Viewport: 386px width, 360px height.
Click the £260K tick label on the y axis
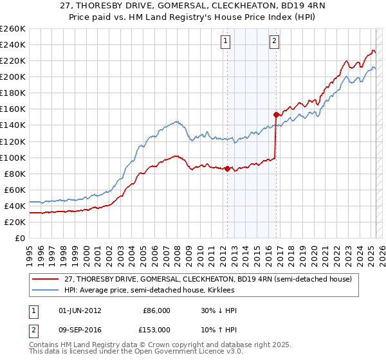(13, 28)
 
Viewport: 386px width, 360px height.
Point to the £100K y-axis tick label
(13, 157)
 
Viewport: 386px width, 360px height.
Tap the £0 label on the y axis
(20, 238)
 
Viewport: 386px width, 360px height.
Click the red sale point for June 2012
(227, 168)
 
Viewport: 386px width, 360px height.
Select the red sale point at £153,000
(276, 114)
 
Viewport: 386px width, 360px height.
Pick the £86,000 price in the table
(156, 310)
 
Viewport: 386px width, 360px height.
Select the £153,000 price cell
(156, 329)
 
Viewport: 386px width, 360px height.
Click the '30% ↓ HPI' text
(219, 310)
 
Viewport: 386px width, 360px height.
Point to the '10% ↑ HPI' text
(219, 329)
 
